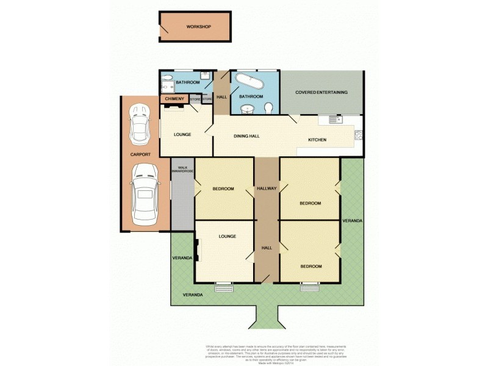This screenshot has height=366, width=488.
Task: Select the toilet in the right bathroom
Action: pos(269,108)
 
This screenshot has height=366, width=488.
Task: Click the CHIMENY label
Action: pos(174,99)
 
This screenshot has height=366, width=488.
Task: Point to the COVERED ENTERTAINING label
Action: pos(321,93)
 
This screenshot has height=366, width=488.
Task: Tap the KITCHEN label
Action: pos(317,140)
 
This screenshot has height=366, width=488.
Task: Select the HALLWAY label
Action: pos(267,188)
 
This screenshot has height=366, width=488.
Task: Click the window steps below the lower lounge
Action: pos(224,285)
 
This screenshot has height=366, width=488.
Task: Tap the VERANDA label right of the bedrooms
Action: pos(351,220)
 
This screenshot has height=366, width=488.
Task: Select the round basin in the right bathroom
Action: pos(248,109)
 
